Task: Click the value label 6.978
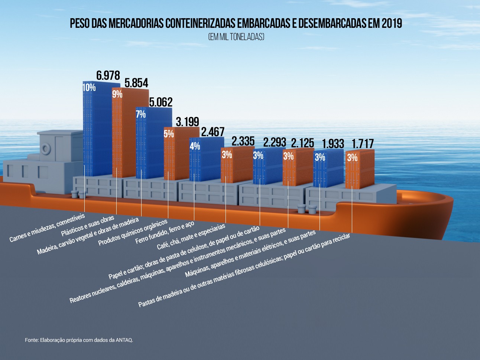pyautogui.click(x=108, y=75)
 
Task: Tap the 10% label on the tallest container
pyautogui.click(x=89, y=88)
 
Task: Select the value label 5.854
pyautogui.click(x=136, y=83)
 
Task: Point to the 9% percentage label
pyautogui.click(x=117, y=94)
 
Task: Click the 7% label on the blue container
pyautogui.click(x=141, y=114)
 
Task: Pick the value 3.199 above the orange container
pyautogui.click(x=187, y=122)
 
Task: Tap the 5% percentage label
pyautogui.click(x=169, y=134)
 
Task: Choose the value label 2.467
pyautogui.click(x=213, y=132)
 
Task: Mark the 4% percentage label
pyautogui.click(x=195, y=146)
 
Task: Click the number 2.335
pyautogui.click(x=243, y=141)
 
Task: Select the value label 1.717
pyautogui.click(x=363, y=144)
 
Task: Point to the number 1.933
pyautogui.click(x=333, y=144)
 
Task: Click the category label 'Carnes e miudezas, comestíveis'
pyautogui.click(x=47, y=228)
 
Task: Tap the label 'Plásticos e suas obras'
pyautogui.click(x=88, y=226)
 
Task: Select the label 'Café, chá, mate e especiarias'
pyautogui.click(x=191, y=236)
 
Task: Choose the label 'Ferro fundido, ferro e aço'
pyautogui.click(x=165, y=233)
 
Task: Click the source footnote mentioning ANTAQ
pyautogui.click(x=79, y=340)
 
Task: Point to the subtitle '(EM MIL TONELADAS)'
pyautogui.click(x=236, y=37)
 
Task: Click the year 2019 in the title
pyautogui.click(x=392, y=24)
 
